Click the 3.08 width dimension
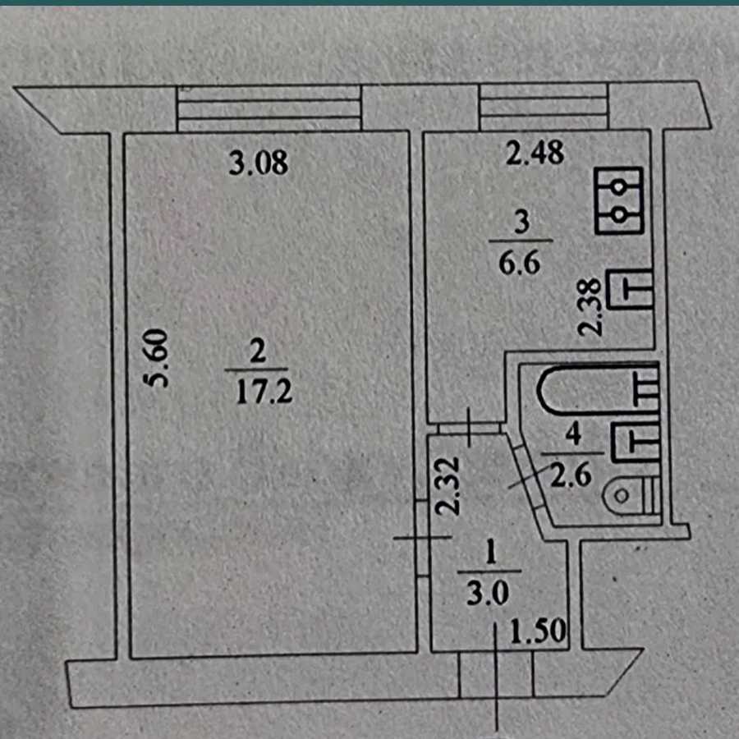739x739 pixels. click(x=259, y=163)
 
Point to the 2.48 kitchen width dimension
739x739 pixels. click(x=535, y=154)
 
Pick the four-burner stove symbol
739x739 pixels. click(x=619, y=201)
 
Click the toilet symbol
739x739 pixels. click(x=631, y=495)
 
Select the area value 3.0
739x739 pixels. click(x=490, y=594)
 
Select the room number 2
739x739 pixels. click(x=258, y=353)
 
